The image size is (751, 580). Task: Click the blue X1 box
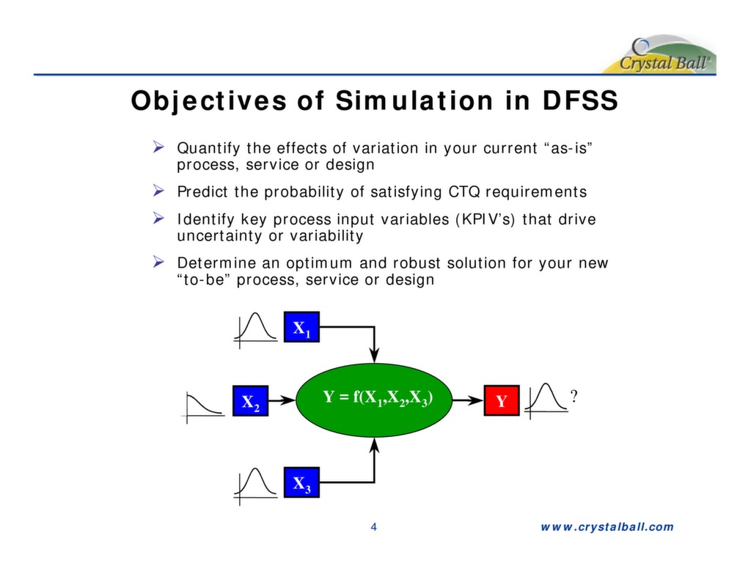[x=301, y=327]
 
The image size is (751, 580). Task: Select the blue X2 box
[x=250, y=401]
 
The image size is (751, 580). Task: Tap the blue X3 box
[x=301, y=482]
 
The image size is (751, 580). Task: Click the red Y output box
[x=501, y=401]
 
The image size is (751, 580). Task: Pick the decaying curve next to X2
[x=203, y=405]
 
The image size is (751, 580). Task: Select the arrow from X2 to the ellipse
[x=282, y=401]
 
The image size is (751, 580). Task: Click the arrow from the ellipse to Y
[x=466, y=401]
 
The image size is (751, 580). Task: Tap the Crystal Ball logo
[x=659, y=55]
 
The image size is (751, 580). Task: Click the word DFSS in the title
[x=579, y=101]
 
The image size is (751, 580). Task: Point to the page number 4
[x=374, y=526]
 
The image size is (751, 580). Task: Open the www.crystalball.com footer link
[x=607, y=526]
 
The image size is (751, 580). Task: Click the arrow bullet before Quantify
[x=157, y=149]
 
